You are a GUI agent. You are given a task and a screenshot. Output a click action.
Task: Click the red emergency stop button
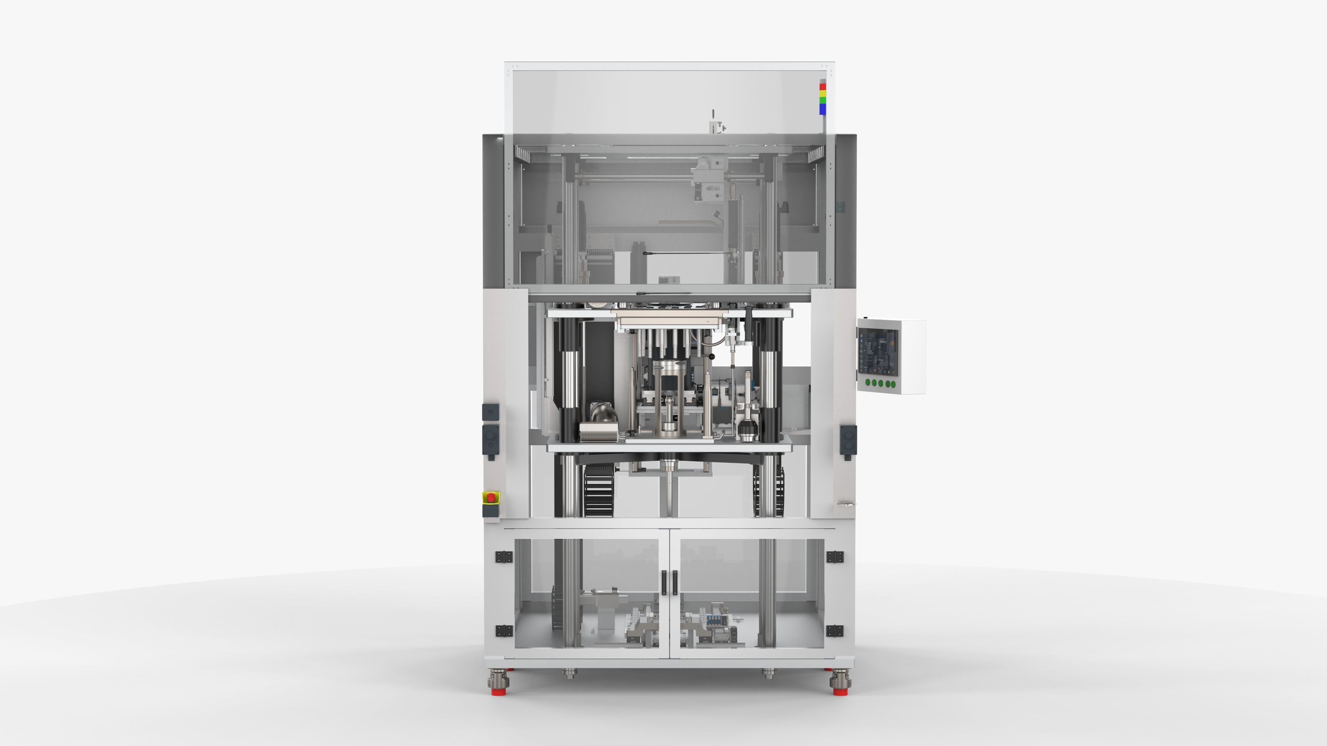point(491,497)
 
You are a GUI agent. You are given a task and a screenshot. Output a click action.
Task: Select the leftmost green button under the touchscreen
point(868,383)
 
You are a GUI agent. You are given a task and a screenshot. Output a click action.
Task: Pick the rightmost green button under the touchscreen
point(893,384)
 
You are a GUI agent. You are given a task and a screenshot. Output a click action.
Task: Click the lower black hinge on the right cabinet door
point(835,631)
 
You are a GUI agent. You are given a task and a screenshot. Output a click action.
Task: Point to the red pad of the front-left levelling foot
point(498,691)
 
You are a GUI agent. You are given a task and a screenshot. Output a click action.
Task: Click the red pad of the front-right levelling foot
point(840,691)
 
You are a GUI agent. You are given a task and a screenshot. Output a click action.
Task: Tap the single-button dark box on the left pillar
point(490,412)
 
